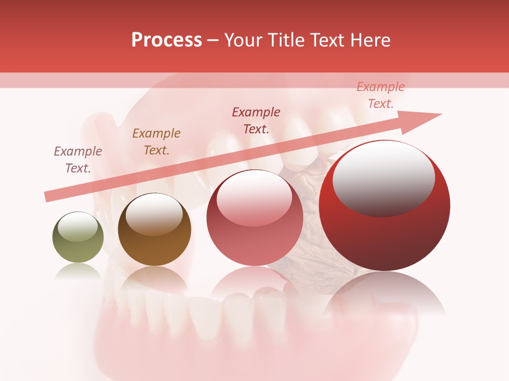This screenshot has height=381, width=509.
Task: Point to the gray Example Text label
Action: [78, 160]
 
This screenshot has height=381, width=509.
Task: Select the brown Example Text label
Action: [156, 142]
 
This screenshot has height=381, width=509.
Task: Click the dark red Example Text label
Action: [256, 121]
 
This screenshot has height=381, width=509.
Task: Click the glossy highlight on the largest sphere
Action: [383, 177]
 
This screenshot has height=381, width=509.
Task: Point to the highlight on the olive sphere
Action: [78, 226]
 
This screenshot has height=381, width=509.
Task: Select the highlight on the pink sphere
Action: [254, 197]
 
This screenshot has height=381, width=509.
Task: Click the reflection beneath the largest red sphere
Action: [384, 296]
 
